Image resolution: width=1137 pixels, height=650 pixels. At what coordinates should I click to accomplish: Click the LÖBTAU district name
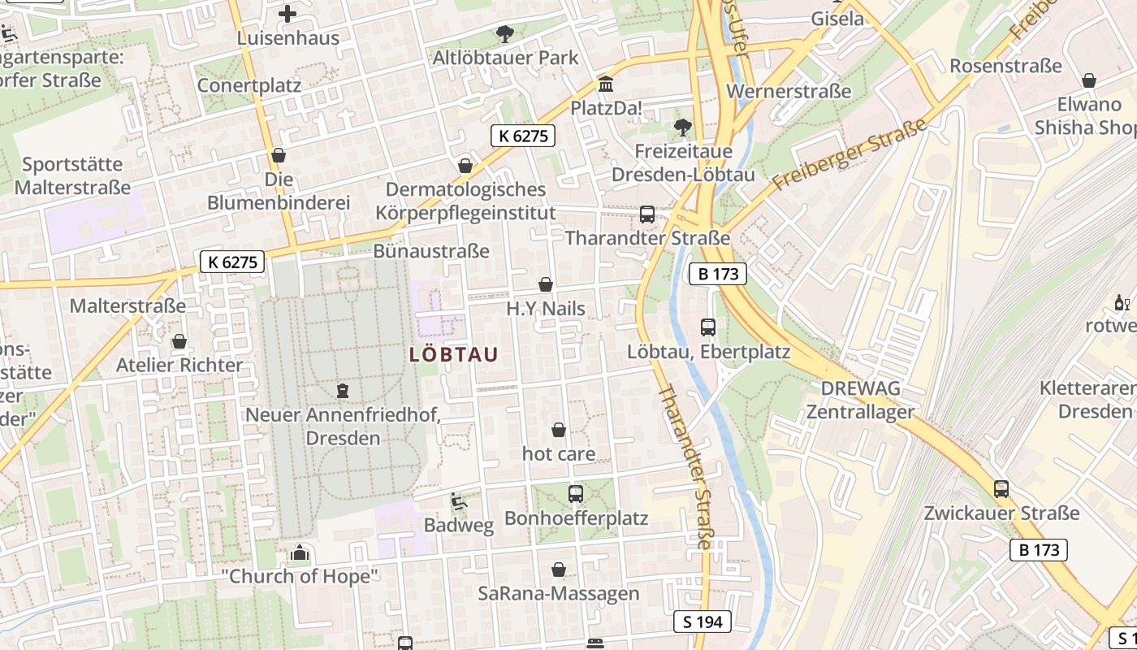pyautogui.click(x=453, y=355)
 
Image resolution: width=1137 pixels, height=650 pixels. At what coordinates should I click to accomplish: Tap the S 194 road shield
pyautogui.click(x=703, y=622)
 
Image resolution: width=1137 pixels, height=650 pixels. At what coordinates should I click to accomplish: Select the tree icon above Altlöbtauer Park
pyautogui.click(x=505, y=33)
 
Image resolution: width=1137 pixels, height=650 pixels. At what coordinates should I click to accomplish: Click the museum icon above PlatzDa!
pyautogui.click(x=605, y=84)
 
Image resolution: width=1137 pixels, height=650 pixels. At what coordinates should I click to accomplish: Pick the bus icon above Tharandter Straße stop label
pyautogui.click(x=647, y=214)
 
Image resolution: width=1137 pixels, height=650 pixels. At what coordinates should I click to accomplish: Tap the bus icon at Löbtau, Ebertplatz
pyautogui.click(x=708, y=327)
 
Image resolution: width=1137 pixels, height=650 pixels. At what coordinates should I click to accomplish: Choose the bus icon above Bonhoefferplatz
pyautogui.click(x=576, y=493)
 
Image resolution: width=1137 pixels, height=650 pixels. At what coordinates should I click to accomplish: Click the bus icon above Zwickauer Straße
pyautogui.click(x=1001, y=489)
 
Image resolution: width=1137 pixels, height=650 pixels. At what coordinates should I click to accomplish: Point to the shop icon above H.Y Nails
pyautogui.click(x=546, y=284)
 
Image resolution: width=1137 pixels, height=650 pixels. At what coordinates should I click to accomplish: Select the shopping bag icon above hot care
pyautogui.click(x=559, y=430)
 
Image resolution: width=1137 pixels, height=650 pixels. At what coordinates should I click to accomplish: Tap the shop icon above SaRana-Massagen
pyautogui.click(x=559, y=570)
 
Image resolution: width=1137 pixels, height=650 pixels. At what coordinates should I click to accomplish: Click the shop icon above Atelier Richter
pyautogui.click(x=179, y=341)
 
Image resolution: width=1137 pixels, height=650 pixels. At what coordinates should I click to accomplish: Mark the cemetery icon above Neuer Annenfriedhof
pyautogui.click(x=343, y=391)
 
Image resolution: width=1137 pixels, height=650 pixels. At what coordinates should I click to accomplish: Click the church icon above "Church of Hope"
pyautogui.click(x=300, y=554)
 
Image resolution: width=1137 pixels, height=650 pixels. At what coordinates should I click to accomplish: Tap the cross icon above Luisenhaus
pyautogui.click(x=287, y=14)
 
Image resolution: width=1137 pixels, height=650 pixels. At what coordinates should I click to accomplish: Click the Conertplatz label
pyautogui.click(x=249, y=85)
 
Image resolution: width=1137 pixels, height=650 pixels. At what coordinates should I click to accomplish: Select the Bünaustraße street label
pyautogui.click(x=431, y=251)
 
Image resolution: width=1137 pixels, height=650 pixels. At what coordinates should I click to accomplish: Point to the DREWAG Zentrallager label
pyautogui.click(x=861, y=400)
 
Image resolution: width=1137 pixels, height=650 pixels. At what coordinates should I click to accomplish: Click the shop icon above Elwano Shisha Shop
pyautogui.click(x=1089, y=80)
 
